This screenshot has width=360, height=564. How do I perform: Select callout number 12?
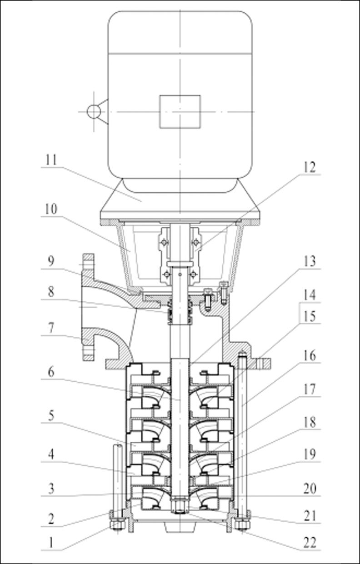coord(309,167)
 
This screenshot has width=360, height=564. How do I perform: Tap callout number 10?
coord(51,209)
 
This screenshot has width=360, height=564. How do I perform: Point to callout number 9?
coord(51,262)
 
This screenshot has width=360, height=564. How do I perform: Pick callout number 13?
coord(309,262)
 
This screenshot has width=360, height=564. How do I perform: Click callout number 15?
coord(309,316)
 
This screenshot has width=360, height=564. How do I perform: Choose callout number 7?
coord(51,328)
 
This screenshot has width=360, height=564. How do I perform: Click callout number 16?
coord(309,356)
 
